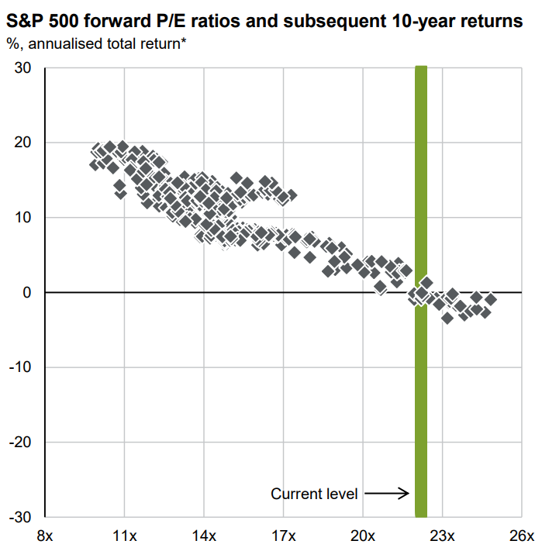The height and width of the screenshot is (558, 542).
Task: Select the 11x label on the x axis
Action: (x=124, y=536)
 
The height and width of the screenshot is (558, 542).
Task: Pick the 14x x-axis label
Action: (x=204, y=536)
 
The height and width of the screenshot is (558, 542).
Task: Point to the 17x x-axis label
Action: (x=283, y=536)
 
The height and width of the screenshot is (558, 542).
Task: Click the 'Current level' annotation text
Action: (x=314, y=493)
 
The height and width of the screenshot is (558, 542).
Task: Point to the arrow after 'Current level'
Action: (x=385, y=493)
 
